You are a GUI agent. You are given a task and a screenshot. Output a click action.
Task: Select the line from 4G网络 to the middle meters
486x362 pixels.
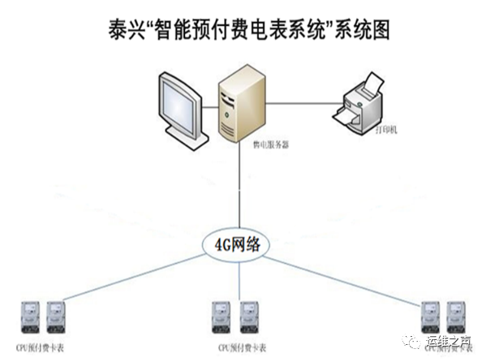(238, 280)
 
